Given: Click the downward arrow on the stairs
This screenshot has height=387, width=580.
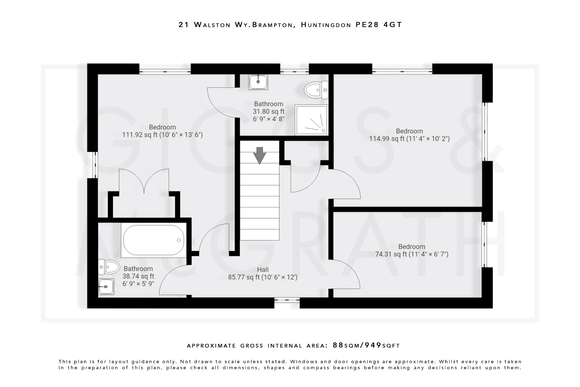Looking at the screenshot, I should pyautogui.click(x=259, y=155).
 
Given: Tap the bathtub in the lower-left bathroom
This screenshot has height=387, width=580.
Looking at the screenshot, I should pyautogui.click(x=154, y=240).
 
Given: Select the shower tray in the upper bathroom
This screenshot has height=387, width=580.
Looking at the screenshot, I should pyautogui.click(x=311, y=120).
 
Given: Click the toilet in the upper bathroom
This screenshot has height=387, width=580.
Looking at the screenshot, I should pyautogui.click(x=316, y=90).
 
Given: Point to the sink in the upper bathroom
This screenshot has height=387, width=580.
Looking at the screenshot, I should pyautogui.click(x=258, y=82).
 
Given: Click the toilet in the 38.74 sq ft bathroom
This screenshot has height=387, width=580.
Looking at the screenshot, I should pyautogui.click(x=109, y=267).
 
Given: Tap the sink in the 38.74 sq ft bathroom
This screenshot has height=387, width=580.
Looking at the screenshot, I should pyautogui.click(x=106, y=286).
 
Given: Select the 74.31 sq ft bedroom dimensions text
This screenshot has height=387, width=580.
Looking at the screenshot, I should pyautogui.click(x=411, y=254).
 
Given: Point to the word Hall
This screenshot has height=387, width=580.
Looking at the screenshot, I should pyautogui.click(x=263, y=270).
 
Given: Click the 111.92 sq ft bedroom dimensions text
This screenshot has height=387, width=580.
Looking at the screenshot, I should pyautogui.click(x=162, y=135).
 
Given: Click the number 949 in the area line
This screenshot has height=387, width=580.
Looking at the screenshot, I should pyautogui.click(x=373, y=345).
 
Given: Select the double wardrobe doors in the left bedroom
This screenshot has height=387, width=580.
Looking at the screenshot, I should pyautogui.click(x=144, y=181).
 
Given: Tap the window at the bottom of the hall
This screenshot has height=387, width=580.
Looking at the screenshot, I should pyautogui.click(x=287, y=300).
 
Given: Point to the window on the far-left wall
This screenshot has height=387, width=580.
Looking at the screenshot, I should pyautogui.click(x=95, y=165).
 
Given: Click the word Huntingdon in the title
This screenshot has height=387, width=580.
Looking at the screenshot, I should pyautogui.click(x=326, y=25).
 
